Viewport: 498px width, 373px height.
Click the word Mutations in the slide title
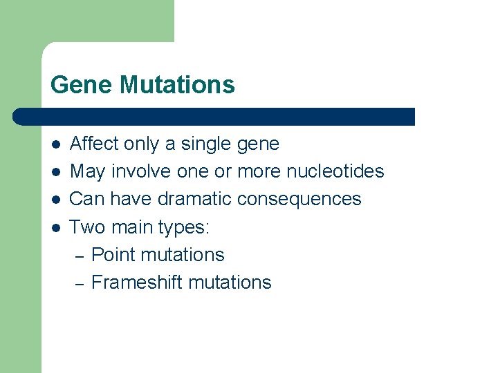click(x=177, y=85)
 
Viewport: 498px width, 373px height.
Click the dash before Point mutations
click(x=79, y=256)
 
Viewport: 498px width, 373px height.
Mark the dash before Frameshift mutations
click(x=79, y=283)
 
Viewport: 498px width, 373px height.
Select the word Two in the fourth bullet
click(x=86, y=227)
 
